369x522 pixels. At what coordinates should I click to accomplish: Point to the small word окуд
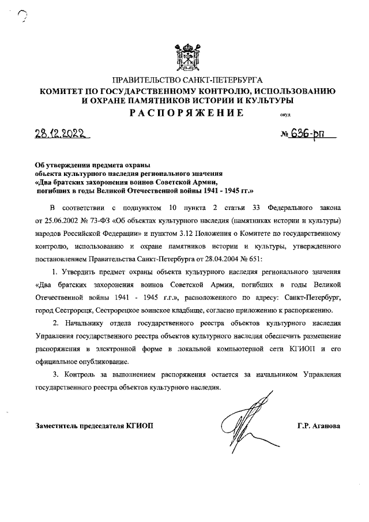(x=285, y=114)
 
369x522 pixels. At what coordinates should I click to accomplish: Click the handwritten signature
(x=245, y=421)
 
